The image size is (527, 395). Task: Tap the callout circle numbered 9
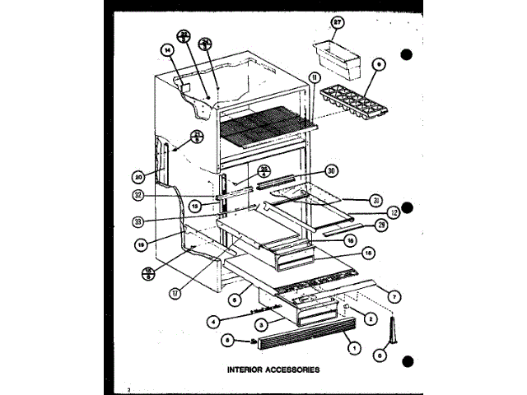pos(378,63)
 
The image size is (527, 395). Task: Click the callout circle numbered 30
pos(331,171)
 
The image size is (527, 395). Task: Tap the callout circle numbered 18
pos(368,253)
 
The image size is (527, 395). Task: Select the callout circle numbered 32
pos(137,196)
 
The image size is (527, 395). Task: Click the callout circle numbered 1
pos(354,348)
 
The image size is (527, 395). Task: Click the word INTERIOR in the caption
pos(247,369)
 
